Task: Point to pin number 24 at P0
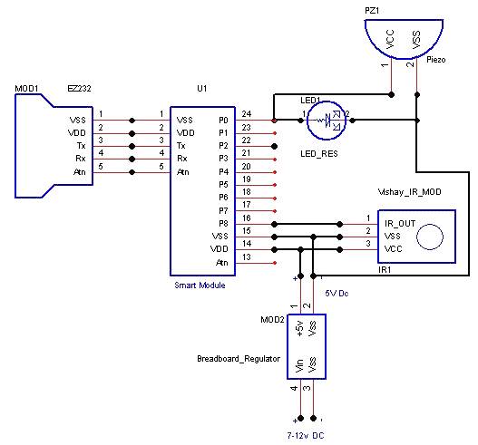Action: click(245, 114)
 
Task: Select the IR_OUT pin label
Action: click(400, 220)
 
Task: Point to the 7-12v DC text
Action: click(307, 436)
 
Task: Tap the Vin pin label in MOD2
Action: click(298, 366)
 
